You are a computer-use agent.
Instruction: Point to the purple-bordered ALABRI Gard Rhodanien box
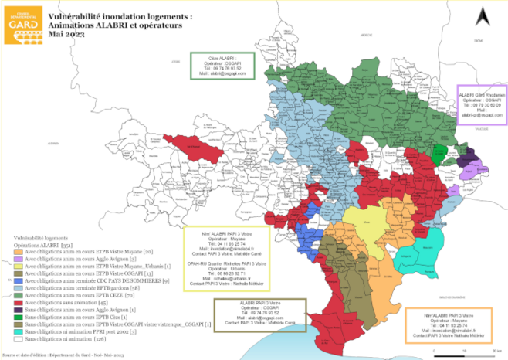coord(483,104)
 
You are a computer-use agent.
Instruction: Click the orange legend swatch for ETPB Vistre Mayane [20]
coord(19,251)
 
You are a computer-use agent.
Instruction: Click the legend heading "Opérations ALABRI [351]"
coord(43,244)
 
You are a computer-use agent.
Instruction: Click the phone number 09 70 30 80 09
coord(483,104)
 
